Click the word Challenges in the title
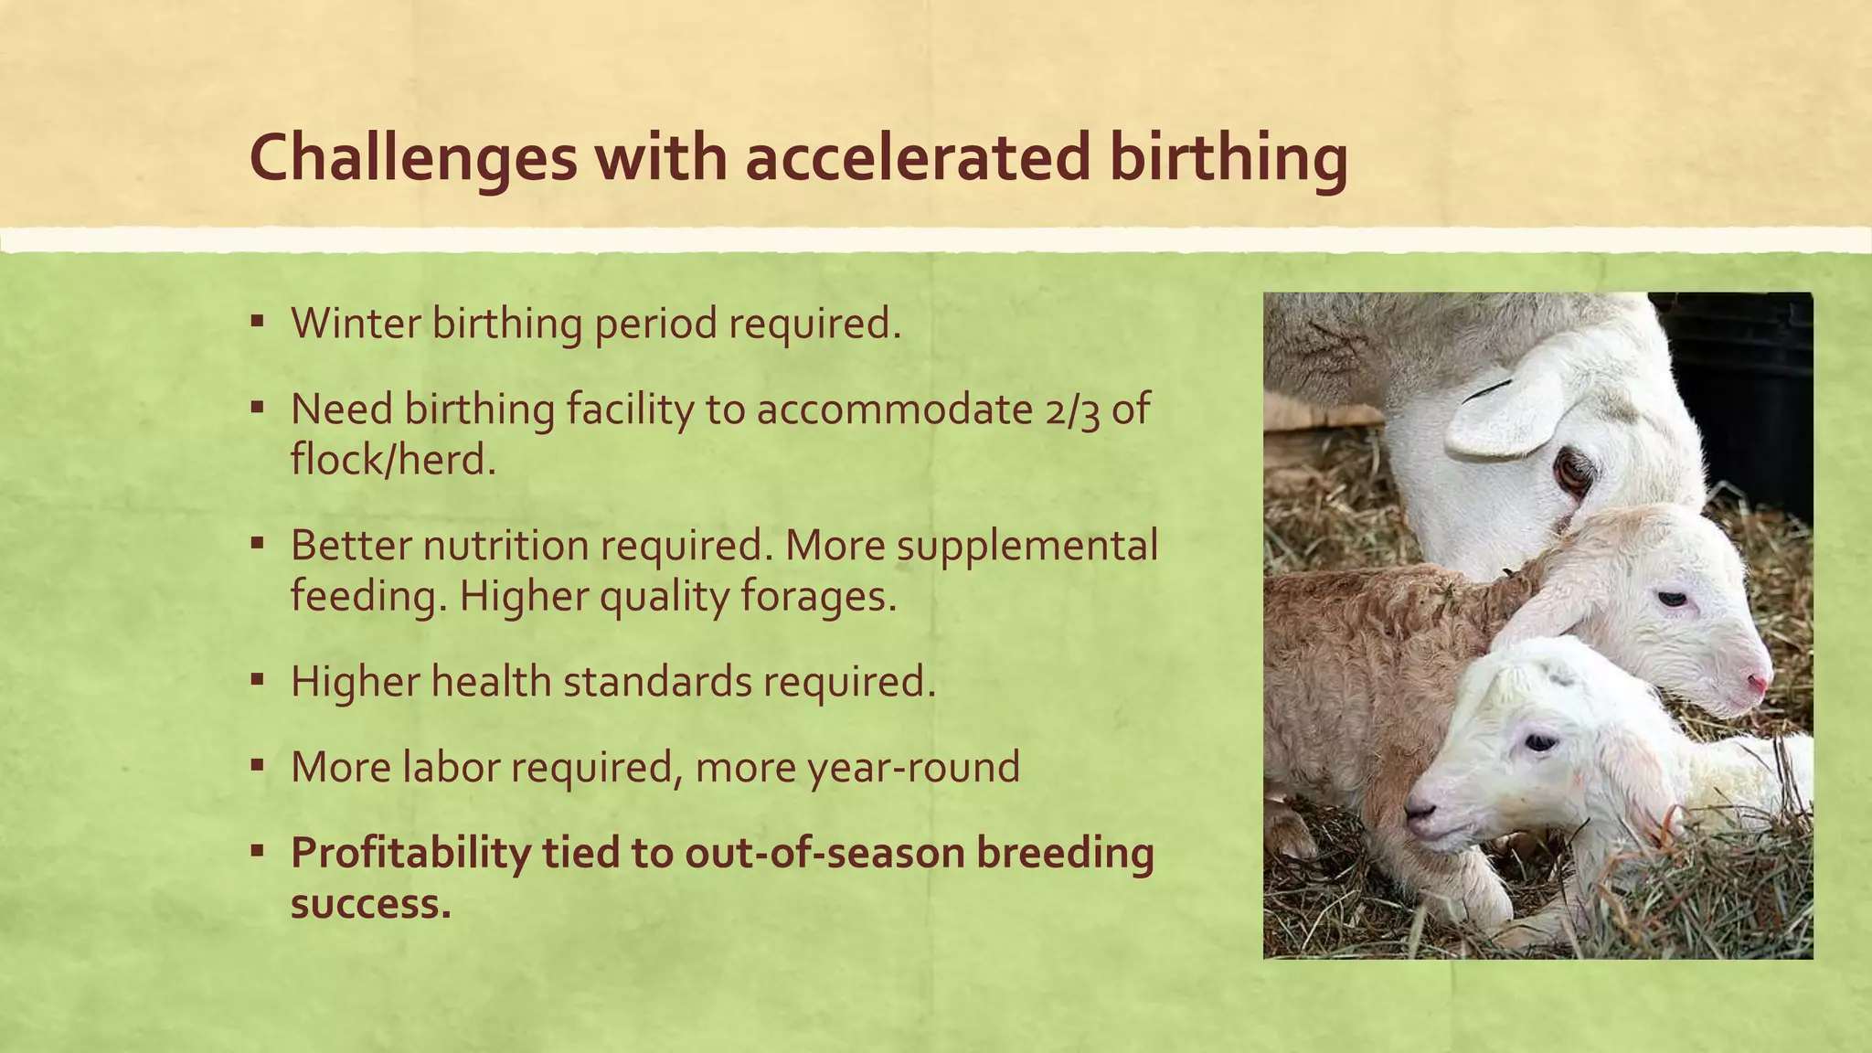coord(413,158)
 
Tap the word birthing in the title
coord(1228,158)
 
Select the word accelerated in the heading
coord(918,156)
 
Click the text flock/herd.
coord(393,459)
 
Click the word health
coord(491,682)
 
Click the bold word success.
coord(370,904)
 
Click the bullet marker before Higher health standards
coord(258,680)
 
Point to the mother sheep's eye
coord(1573,472)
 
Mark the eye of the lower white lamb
coord(1539,742)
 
